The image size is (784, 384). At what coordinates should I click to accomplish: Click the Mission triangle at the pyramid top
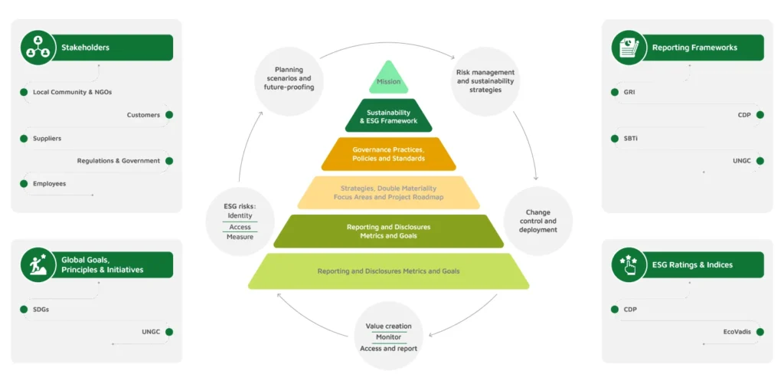388,80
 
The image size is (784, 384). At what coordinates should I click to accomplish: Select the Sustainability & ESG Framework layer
388,117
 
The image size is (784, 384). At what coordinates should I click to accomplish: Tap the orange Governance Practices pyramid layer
388,153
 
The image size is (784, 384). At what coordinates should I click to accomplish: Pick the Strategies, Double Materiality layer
388,192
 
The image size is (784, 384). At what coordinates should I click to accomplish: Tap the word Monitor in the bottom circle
388,337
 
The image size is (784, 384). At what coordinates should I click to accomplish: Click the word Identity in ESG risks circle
240,215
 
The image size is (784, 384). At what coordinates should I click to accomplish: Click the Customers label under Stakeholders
143,115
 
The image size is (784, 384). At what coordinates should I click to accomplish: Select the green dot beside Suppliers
24,138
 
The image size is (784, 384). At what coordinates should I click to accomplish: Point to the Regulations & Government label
119,161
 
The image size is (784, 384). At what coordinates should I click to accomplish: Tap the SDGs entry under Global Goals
41,309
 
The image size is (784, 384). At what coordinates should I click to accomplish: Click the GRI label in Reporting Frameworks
629,92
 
